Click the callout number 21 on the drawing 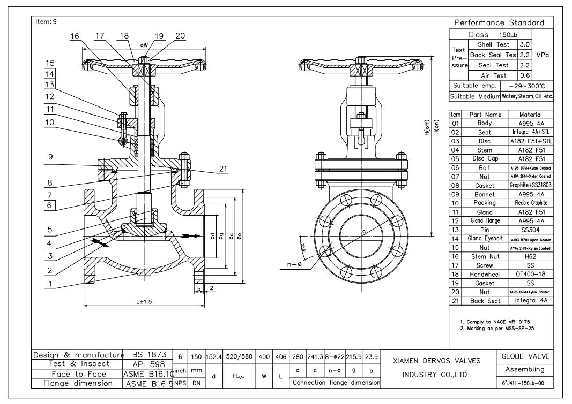(x=223, y=169)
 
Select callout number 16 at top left (x=75, y=36)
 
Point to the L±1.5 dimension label (x=144, y=302)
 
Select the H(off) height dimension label (x=427, y=129)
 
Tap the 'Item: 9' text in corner (x=46, y=21)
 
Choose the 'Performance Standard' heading (x=499, y=22)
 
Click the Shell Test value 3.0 (x=526, y=44)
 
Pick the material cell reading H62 (x=531, y=257)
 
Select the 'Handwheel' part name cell (x=485, y=273)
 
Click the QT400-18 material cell (x=531, y=273)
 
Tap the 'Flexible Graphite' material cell (x=531, y=203)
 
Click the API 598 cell (x=145, y=364)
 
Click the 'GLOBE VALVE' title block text (x=525, y=356)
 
